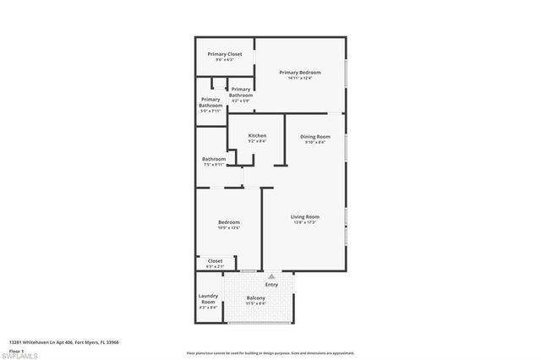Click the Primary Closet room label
point(225,54)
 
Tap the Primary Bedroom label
point(301,73)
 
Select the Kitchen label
point(257,136)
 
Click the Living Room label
point(304,217)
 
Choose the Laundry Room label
point(208,298)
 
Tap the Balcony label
point(255,298)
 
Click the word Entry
point(271,285)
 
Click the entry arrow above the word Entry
point(271,276)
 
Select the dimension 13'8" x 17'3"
point(304,223)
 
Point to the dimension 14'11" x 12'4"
point(301,79)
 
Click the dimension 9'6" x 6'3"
point(225,60)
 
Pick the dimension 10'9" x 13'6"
point(229,228)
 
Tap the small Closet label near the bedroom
point(216,261)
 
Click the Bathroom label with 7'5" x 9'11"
point(214,159)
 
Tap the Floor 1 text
point(16,349)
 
